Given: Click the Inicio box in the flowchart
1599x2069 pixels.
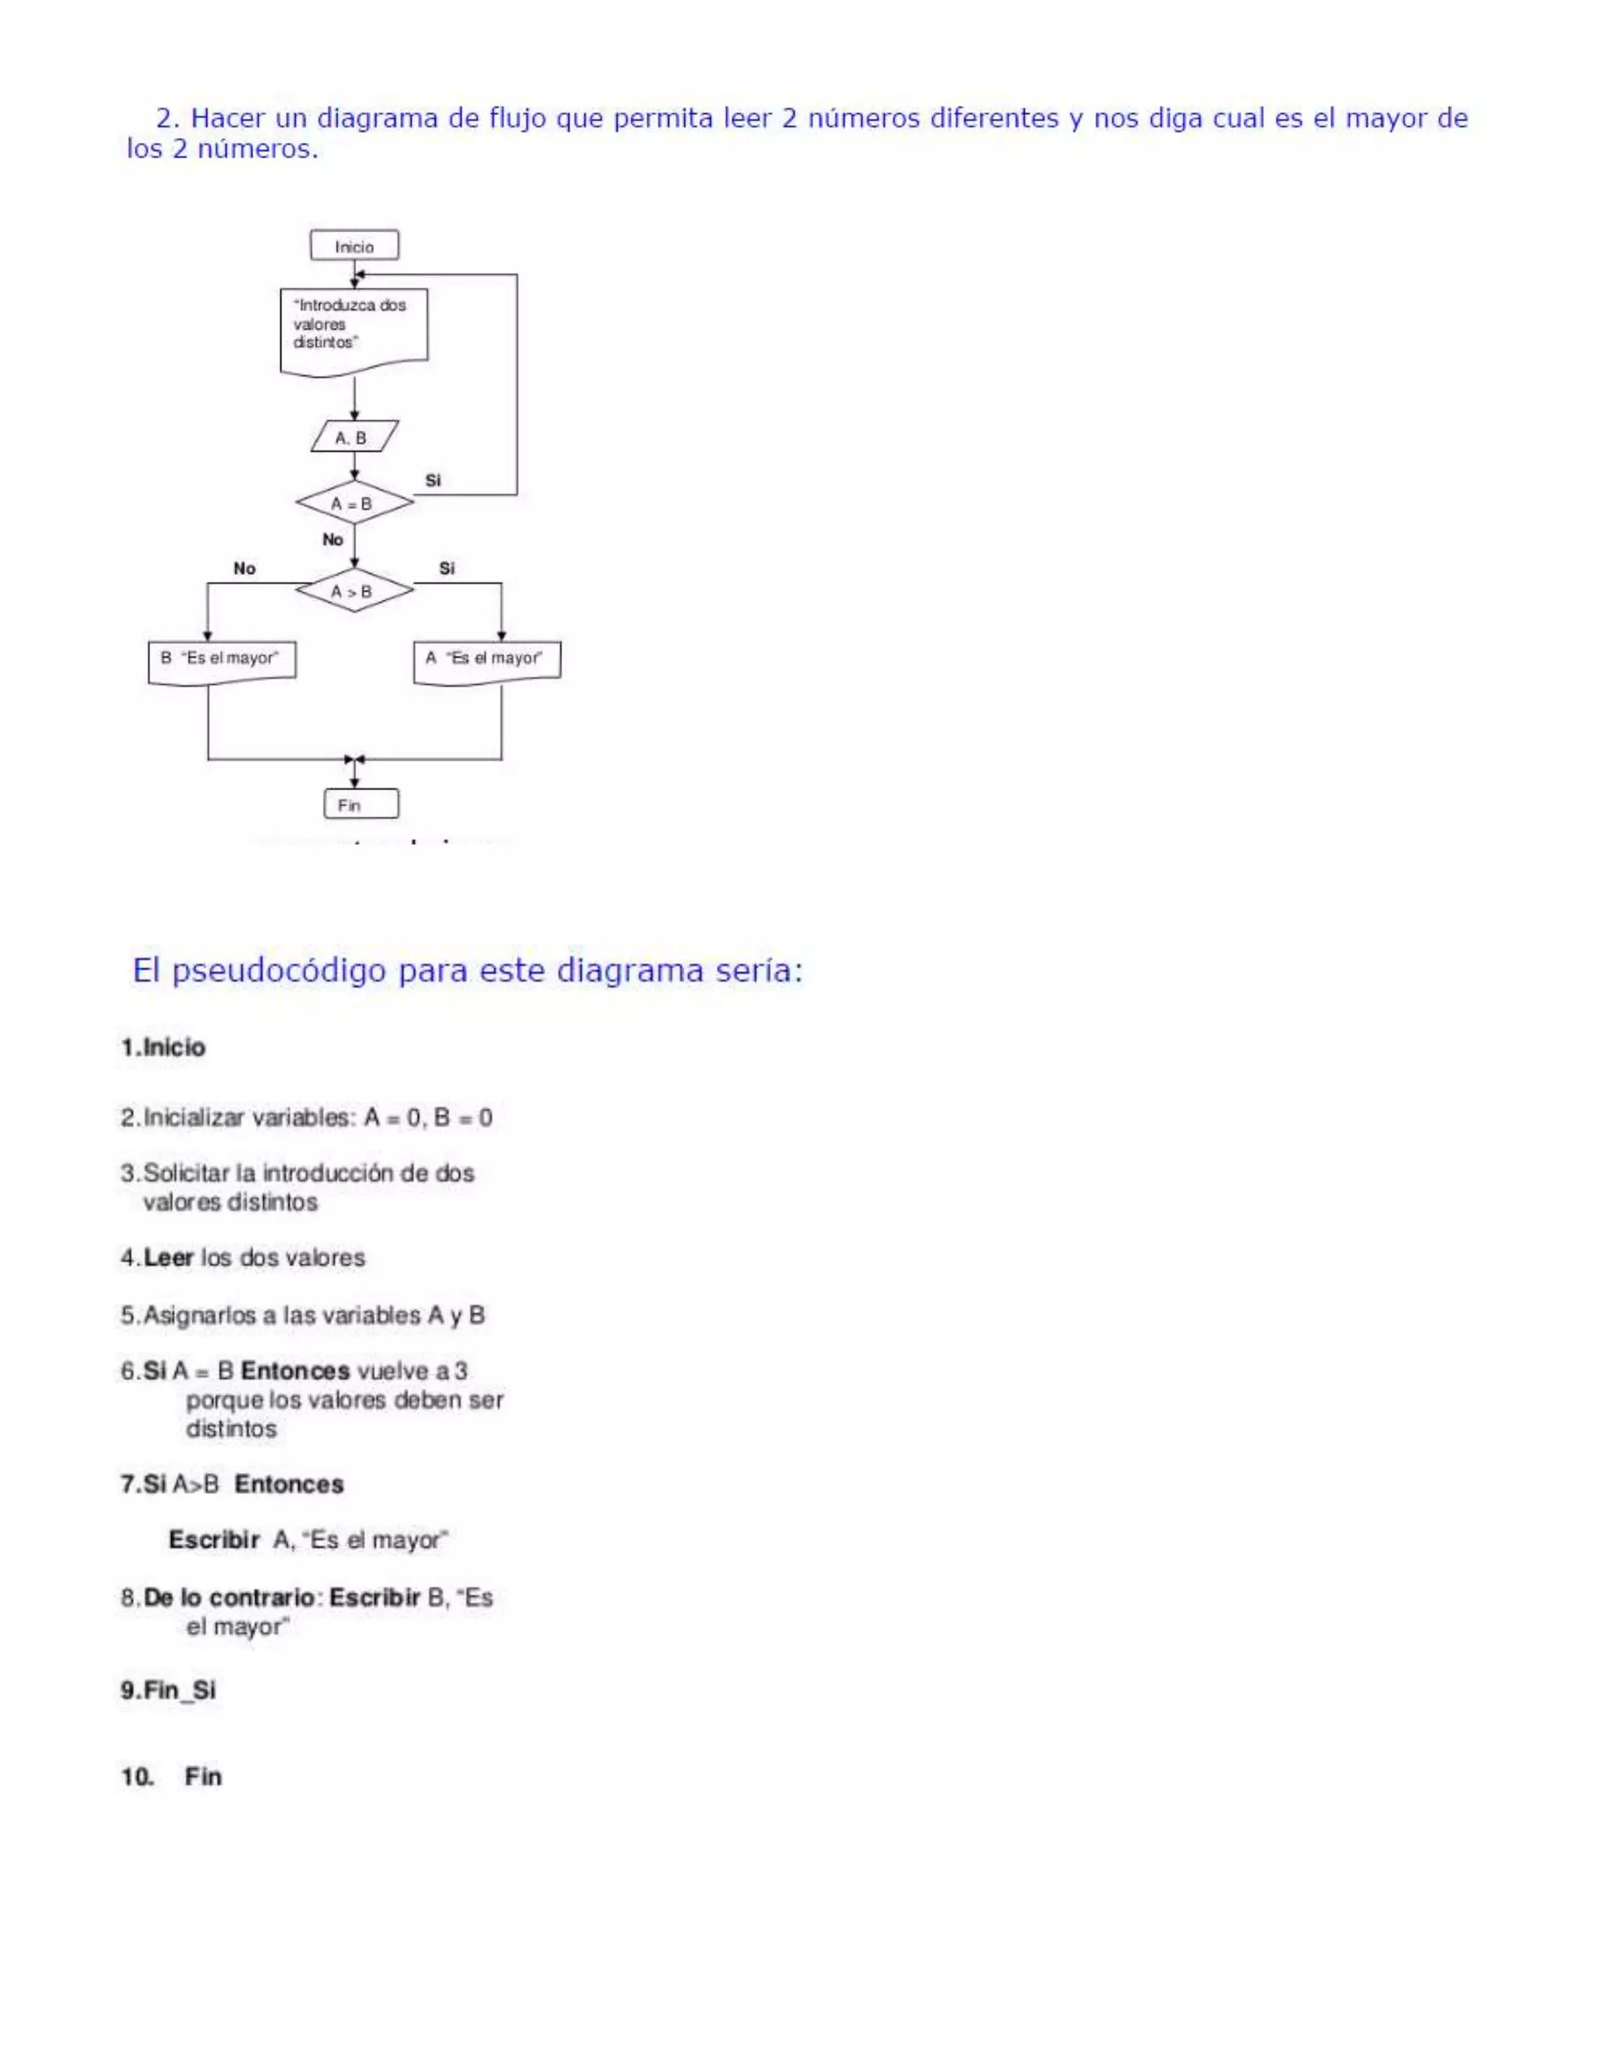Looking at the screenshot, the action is tap(354, 245).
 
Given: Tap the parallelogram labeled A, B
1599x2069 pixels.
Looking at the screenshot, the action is tap(354, 436).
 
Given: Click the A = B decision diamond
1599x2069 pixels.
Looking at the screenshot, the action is tap(354, 503).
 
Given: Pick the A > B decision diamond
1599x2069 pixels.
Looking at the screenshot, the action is tap(354, 591).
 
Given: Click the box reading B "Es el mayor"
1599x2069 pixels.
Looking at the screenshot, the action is tap(222, 660).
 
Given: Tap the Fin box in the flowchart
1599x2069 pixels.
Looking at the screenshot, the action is tap(360, 804).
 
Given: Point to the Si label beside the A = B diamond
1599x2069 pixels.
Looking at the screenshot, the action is tap(433, 480).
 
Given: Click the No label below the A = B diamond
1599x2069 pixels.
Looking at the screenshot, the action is tap(333, 539).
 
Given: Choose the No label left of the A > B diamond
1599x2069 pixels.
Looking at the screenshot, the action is tap(244, 568).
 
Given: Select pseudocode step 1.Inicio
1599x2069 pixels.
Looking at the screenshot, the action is tap(163, 1047).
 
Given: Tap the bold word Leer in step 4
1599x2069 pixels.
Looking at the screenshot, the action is tap(169, 1257).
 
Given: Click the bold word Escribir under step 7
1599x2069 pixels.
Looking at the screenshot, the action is tap(214, 1540).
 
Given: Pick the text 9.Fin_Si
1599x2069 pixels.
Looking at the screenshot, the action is tap(169, 1691).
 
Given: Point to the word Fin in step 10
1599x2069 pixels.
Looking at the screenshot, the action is tap(203, 1776).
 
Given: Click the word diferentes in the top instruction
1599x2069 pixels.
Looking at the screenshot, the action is tap(994, 119).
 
